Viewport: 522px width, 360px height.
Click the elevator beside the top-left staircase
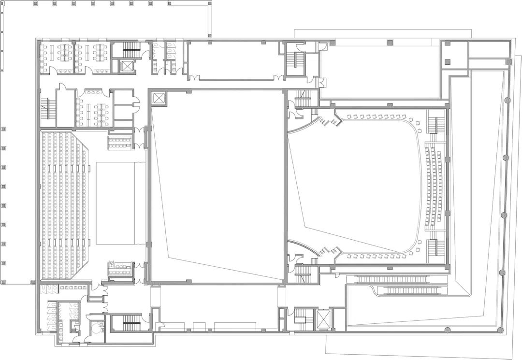[x=127, y=67]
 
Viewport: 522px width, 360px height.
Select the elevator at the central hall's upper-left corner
[x=158, y=98]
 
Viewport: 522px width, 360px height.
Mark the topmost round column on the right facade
[x=507, y=100]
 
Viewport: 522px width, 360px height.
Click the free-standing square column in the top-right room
[x=447, y=61]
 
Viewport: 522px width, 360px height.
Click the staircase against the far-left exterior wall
[x=46, y=107]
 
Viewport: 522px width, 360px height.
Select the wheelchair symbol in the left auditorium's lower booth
[x=112, y=264]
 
